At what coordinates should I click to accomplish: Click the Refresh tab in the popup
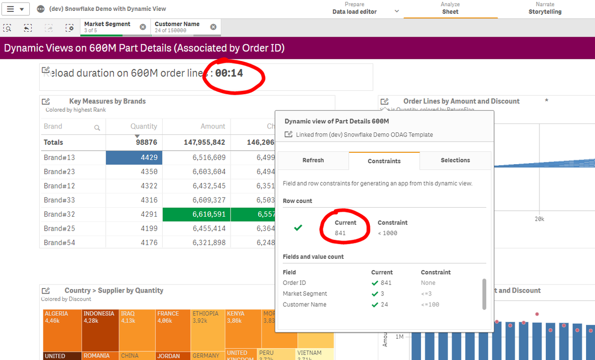pyautogui.click(x=313, y=160)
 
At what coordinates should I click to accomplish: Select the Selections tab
pyautogui.click(x=455, y=160)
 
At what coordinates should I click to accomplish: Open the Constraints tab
pyautogui.click(x=384, y=161)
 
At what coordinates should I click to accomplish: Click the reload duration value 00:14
pyautogui.click(x=229, y=73)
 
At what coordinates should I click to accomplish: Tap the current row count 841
pyautogui.click(x=340, y=233)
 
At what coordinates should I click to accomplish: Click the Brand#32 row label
pyautogui.click(x=59, y=214)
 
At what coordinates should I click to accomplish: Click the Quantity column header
pyautogui.click(x=144, y=126)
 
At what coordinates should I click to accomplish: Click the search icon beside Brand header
pyautogui.click(x=97, y=127)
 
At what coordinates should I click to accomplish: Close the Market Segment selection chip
pyautogui.click(x=143, y=27)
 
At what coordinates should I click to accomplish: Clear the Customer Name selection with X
pyautogui.click(x=213, y=27)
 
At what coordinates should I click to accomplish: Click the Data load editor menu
pyautogui.click(x=355, y=11)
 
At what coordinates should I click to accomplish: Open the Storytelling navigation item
pyautogui.click(x=544, y=11)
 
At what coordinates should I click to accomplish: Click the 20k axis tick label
pyautogui.click(x=539, y=219)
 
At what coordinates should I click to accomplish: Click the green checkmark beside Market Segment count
pyautogui.click(x=375, y=294)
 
